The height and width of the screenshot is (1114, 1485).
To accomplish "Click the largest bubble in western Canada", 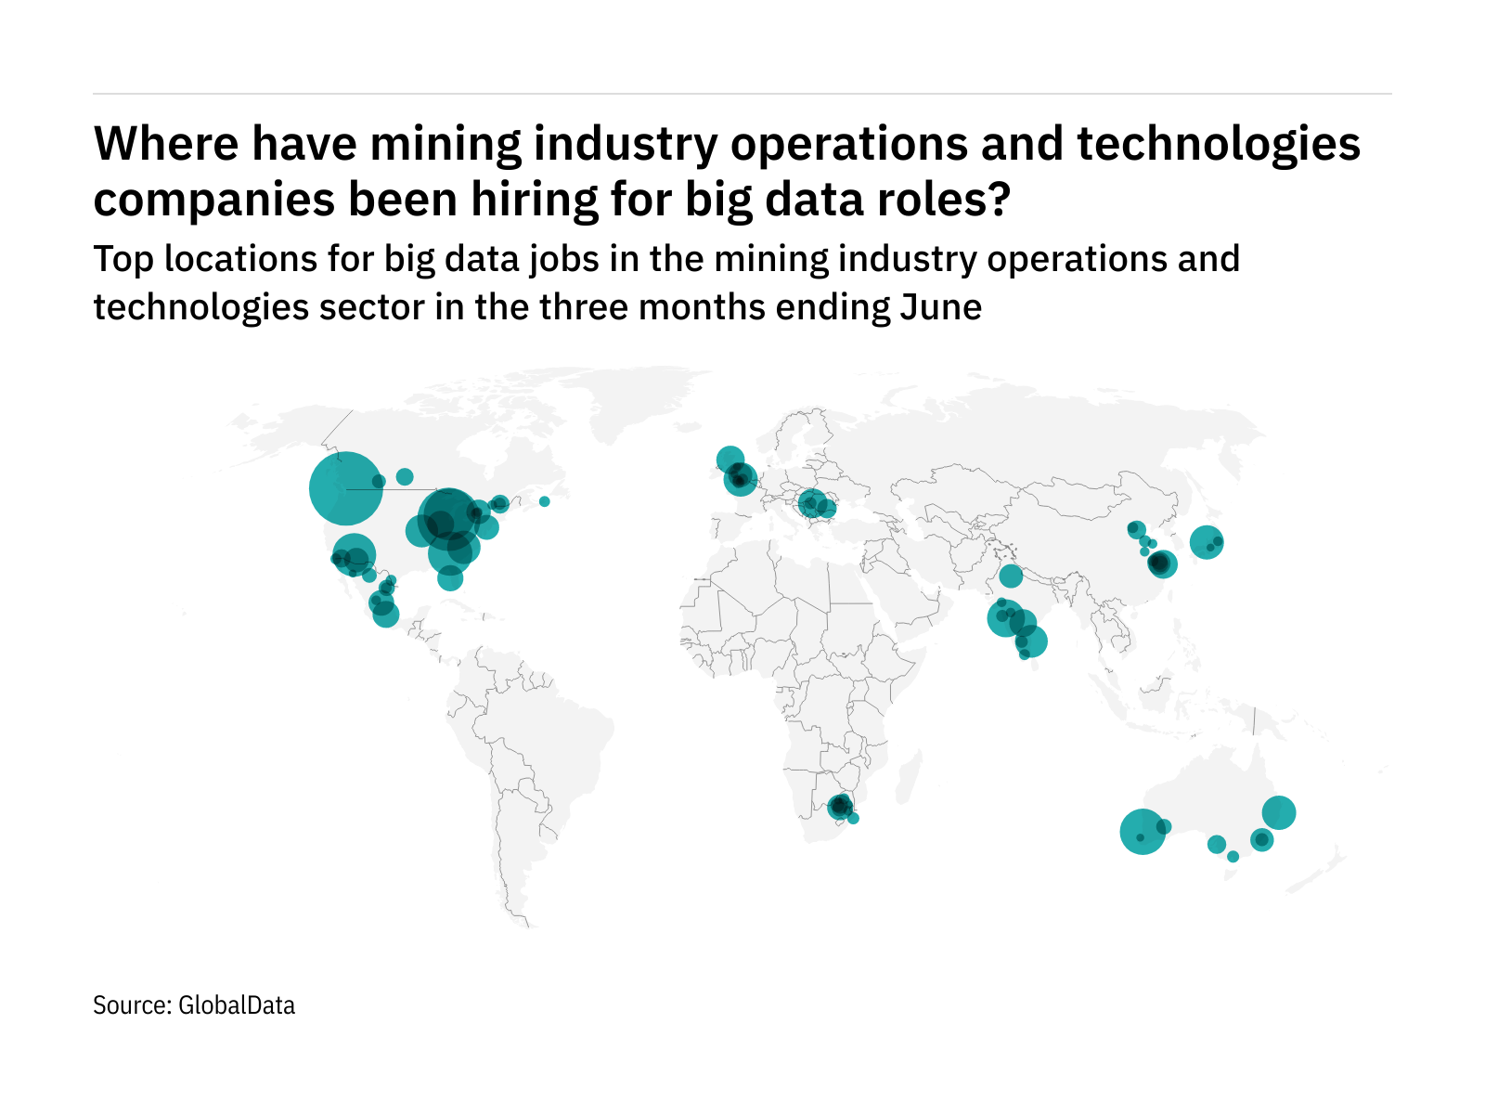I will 345,488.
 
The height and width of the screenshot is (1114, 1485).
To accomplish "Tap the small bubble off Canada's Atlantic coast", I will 544,501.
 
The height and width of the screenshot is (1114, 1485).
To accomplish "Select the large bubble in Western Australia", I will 1143,831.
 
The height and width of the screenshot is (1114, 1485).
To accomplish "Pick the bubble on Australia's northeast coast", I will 1278,812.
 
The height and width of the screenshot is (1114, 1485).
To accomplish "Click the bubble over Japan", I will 1206,541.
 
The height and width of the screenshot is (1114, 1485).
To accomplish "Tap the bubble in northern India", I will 1011,576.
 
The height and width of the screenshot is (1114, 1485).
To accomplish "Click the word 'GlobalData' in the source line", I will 237,1005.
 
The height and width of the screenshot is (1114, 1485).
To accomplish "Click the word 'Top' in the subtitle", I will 123,260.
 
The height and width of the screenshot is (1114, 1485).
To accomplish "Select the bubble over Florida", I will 450,578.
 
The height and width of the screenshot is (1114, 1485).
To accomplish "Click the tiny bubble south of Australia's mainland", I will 1233,857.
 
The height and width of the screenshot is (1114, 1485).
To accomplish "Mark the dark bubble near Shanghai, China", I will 1160,563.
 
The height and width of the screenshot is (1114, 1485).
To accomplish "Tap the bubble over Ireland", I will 730,459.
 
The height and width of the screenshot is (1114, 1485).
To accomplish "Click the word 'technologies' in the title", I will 1219,145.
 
